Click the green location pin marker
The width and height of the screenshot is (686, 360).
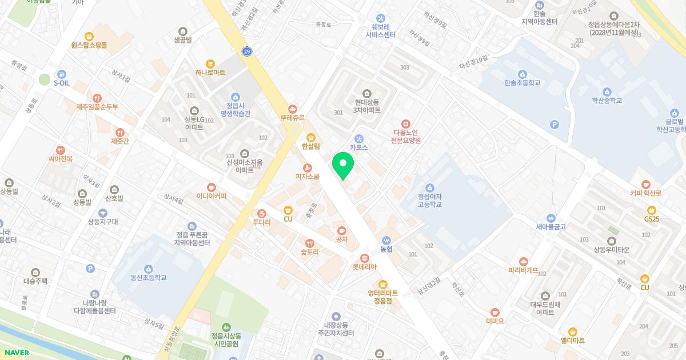click(x=343, y=165)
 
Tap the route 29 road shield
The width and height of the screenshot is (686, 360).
click(x=247, y=51)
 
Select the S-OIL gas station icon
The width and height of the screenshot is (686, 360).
click(x=61, y=74)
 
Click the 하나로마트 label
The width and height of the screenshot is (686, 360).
click(x=210, y=73)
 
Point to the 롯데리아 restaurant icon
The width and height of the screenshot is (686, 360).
click(x=364, y=257)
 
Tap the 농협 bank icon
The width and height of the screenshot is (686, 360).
click(x=386, y=241)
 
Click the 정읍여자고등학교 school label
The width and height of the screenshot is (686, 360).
click(x=429, y=200)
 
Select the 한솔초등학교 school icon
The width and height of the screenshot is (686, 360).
click(x=522, y=74)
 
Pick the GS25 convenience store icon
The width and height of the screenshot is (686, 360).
click(x=651, y=210)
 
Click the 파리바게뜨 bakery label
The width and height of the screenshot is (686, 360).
click(x=523, y=270)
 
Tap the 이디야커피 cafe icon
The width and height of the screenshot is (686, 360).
click(x=212, y=187)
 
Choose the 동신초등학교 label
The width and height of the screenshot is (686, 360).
click(x=148, y=278)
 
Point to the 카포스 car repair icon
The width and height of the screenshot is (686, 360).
click(x=359, y=138)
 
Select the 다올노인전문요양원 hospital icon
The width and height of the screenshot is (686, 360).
click(x=406, y=123)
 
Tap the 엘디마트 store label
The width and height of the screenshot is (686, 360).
click(x=572, y=341)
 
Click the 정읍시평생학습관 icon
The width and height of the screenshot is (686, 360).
click(x=235, y=97)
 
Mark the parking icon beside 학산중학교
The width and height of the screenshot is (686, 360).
click(x=553, y=125)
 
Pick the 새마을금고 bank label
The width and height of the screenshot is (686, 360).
click(x=551, y=227)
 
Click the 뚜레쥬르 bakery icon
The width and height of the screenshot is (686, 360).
click(x=292, y=108)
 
